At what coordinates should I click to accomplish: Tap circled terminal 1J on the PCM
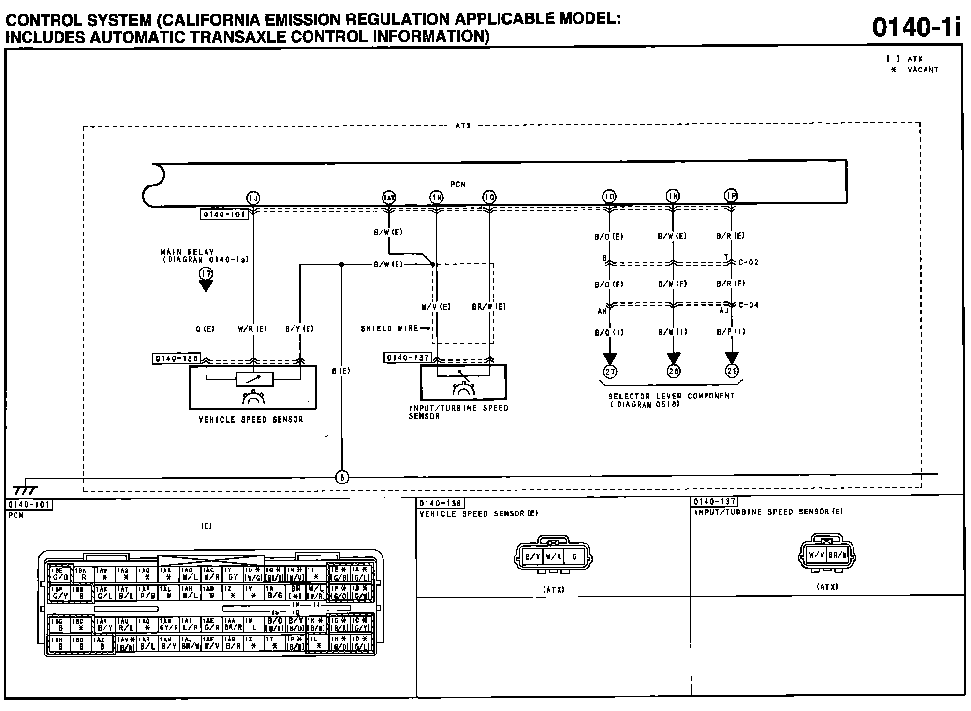coord(253,198)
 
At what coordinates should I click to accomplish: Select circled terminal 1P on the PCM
coord(731,196)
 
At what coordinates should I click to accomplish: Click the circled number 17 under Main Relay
coord(206,274)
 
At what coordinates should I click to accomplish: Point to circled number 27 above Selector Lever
coord(610,371)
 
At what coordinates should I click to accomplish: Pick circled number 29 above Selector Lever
coord(732,370)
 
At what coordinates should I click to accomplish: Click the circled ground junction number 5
coord(342,478)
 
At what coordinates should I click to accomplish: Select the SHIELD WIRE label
coord(390,328)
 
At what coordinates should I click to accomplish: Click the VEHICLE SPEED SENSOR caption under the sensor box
coord(251,420)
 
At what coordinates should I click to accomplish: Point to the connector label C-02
coord(749,263)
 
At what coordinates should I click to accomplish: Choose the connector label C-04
coord(749,305)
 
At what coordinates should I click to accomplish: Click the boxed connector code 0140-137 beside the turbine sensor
coord(408,358)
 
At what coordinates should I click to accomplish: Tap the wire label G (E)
coord(205,329)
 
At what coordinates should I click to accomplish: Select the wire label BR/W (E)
coord(489,307)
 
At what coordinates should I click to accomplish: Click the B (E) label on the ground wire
coord(341,371)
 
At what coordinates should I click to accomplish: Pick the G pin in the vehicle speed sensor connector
coord(574,556)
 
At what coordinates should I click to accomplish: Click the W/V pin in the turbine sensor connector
coord(816,555)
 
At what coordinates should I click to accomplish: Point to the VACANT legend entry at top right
coord(923,70)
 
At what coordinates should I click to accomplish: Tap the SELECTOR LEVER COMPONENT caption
coord(671,396)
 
